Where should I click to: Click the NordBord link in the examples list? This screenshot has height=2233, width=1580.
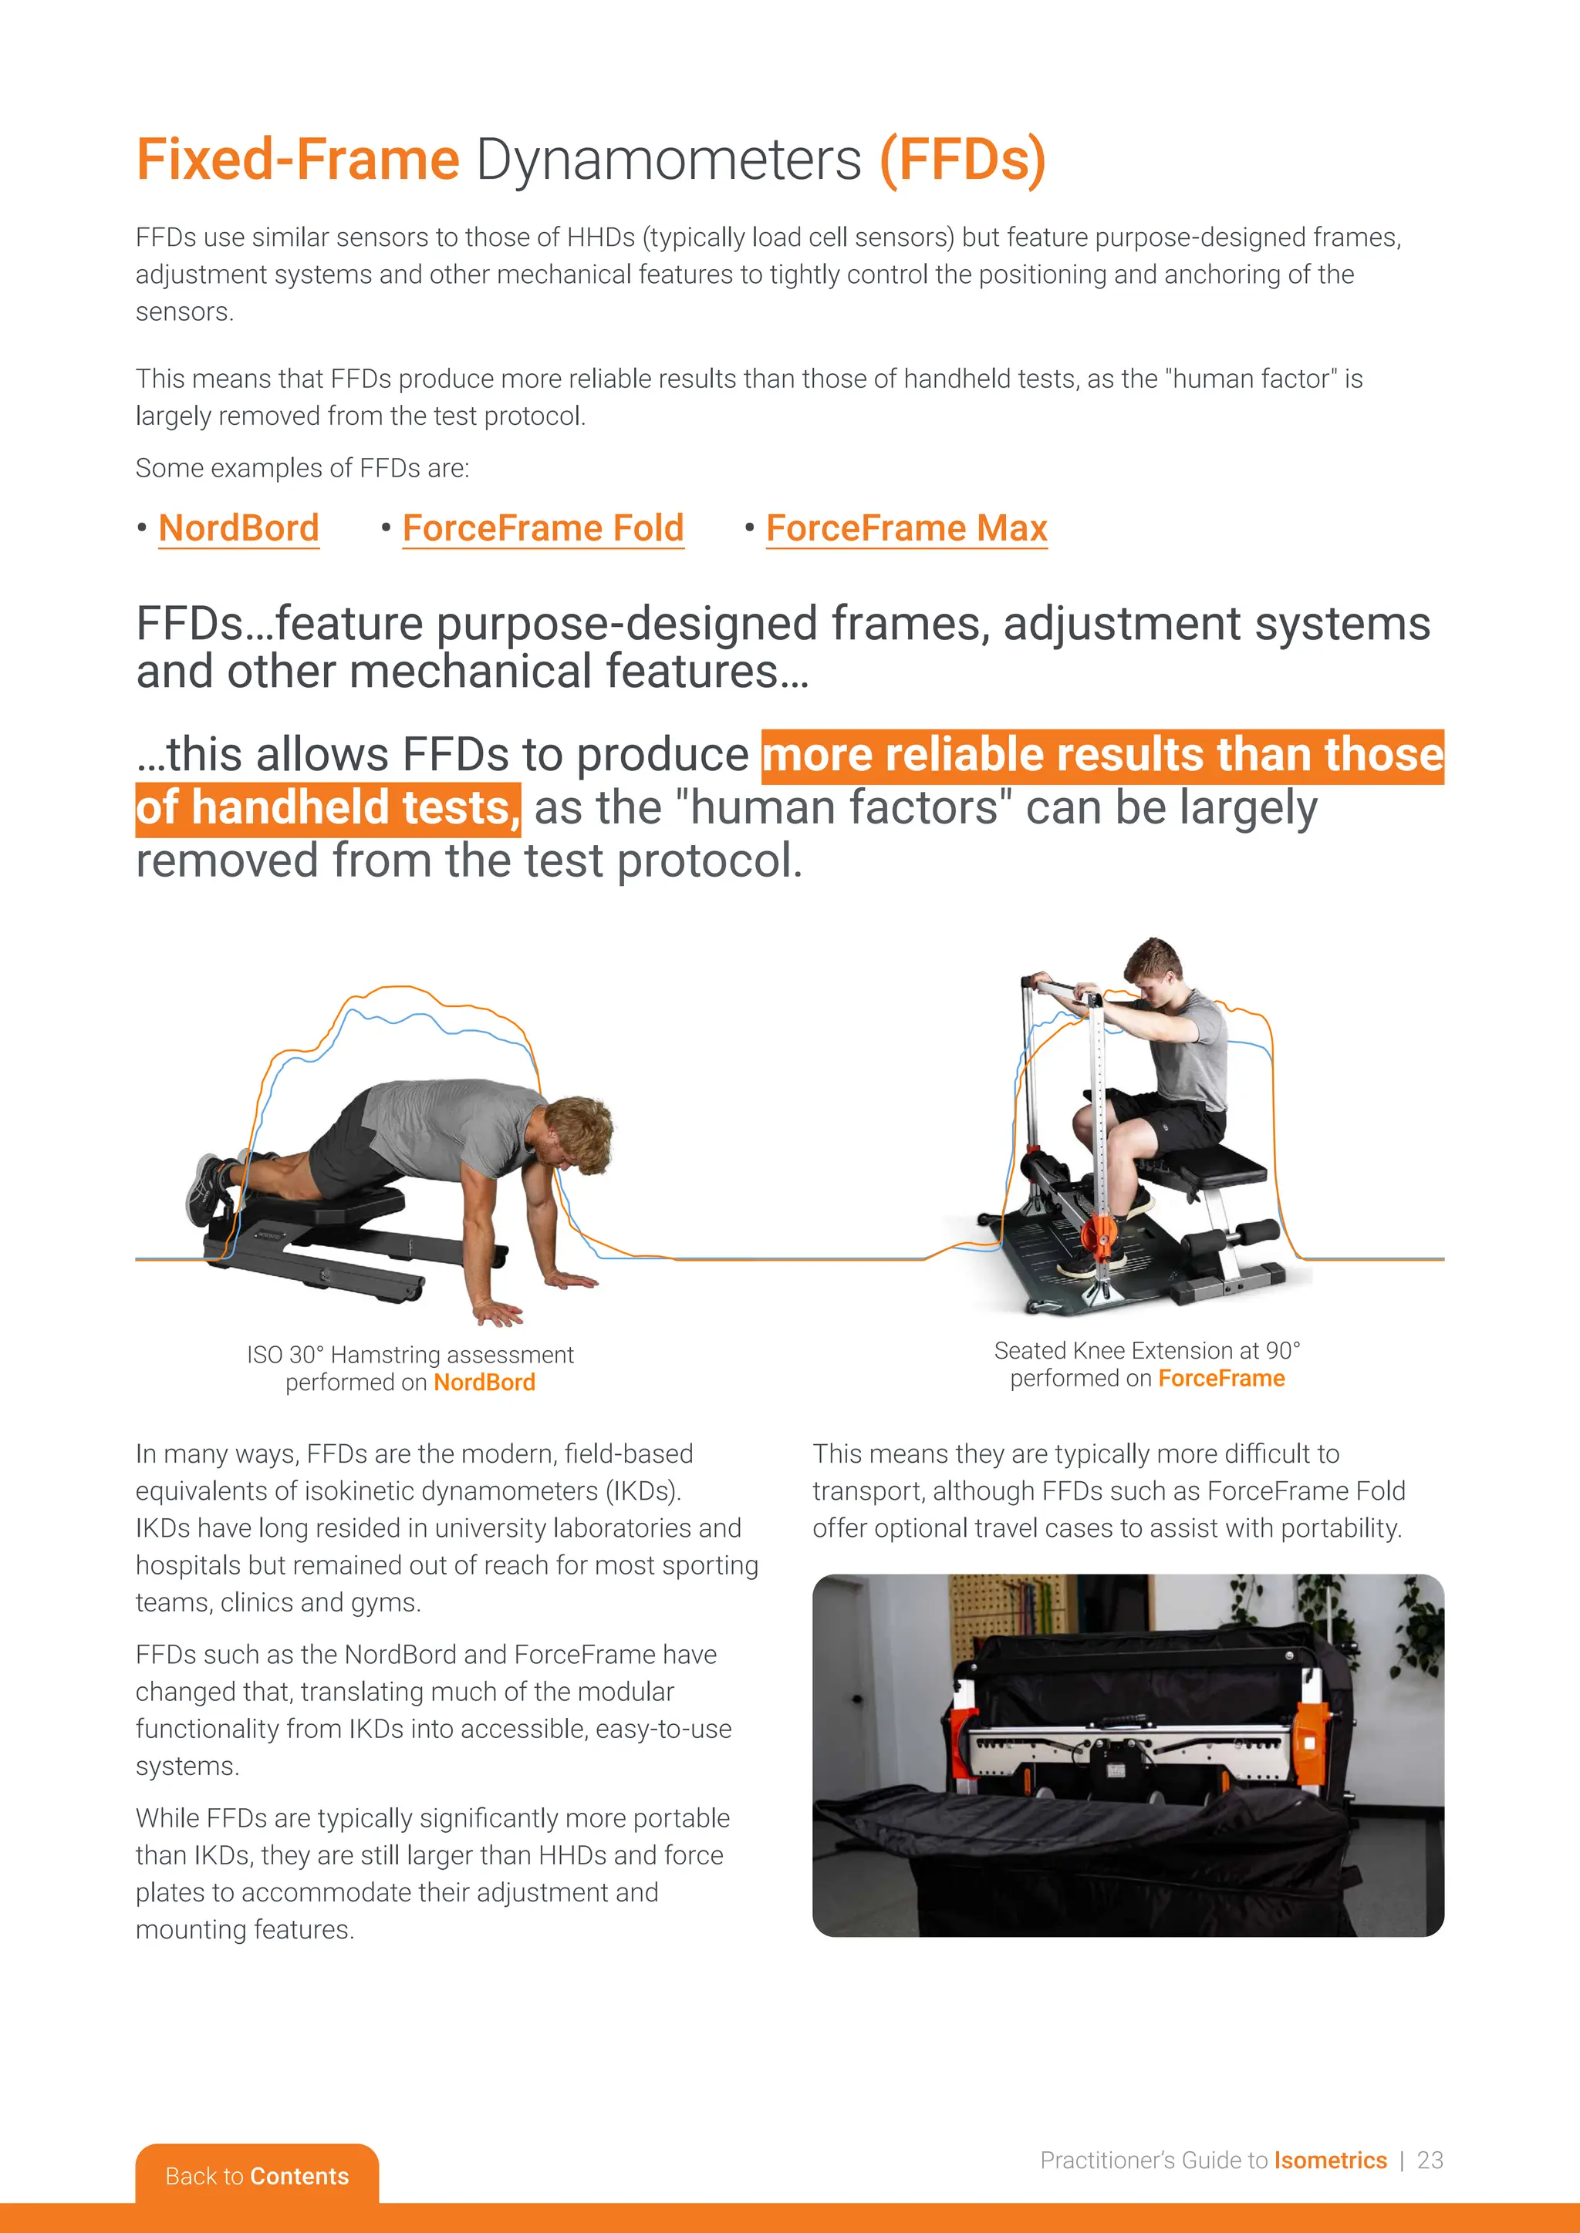[238, 528]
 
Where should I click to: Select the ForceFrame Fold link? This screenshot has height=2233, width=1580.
[543, 528]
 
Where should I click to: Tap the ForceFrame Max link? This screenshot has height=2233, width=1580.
[906, 528]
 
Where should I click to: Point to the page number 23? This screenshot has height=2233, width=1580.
[1430, 2160]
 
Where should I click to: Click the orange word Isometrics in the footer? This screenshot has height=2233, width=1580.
[1330, 2160]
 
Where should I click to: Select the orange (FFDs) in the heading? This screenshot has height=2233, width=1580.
[962, 160]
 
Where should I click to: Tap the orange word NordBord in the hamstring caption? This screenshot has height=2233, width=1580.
[484, 1382]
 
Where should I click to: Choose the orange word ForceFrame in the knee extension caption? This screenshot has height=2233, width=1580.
[1221, 1378]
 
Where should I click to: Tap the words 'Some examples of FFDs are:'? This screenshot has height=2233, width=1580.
[302, 469]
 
